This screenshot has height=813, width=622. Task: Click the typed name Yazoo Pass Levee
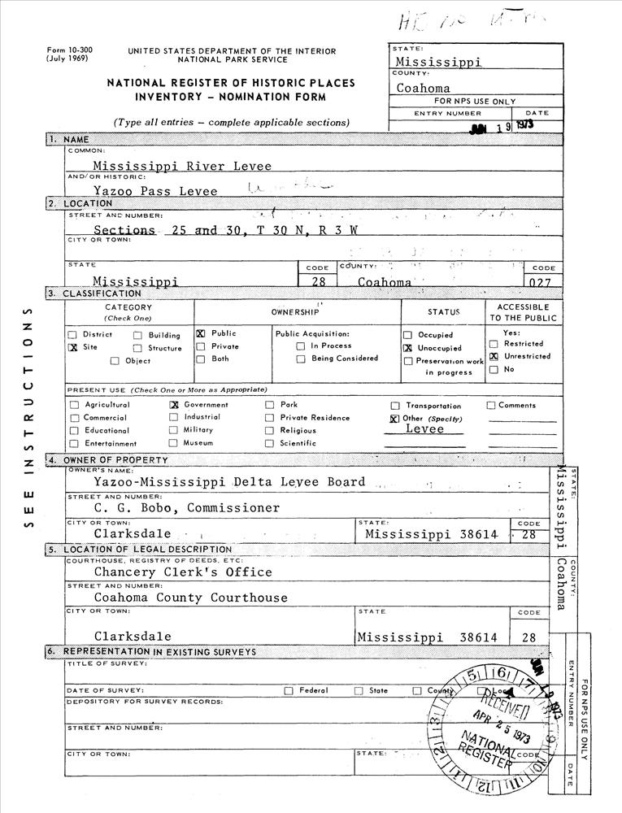(x=154, y=192)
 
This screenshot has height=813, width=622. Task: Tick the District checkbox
(x=72, y=335)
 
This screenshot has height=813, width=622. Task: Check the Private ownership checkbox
(x=200, y=346)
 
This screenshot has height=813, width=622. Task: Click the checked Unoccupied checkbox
(x=407, y=348)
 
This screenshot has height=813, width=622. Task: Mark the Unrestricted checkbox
(x=494, y=356)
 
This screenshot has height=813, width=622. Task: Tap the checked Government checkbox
(x=173, y=404)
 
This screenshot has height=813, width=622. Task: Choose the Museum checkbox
(x=173, y=443)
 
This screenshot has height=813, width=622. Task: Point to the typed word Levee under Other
(x=424, y=428)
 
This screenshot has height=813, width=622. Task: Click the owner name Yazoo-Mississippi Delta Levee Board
(x=229, y=481)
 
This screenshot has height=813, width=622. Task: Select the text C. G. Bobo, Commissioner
(x=186, y=508)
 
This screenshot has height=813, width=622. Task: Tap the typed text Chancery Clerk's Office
(x=183, y=572)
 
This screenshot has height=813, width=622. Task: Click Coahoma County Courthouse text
(x=190, y=598)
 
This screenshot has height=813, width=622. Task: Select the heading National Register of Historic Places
(x=216, y=84)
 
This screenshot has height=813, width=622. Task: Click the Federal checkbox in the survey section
(x=289, y=691)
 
